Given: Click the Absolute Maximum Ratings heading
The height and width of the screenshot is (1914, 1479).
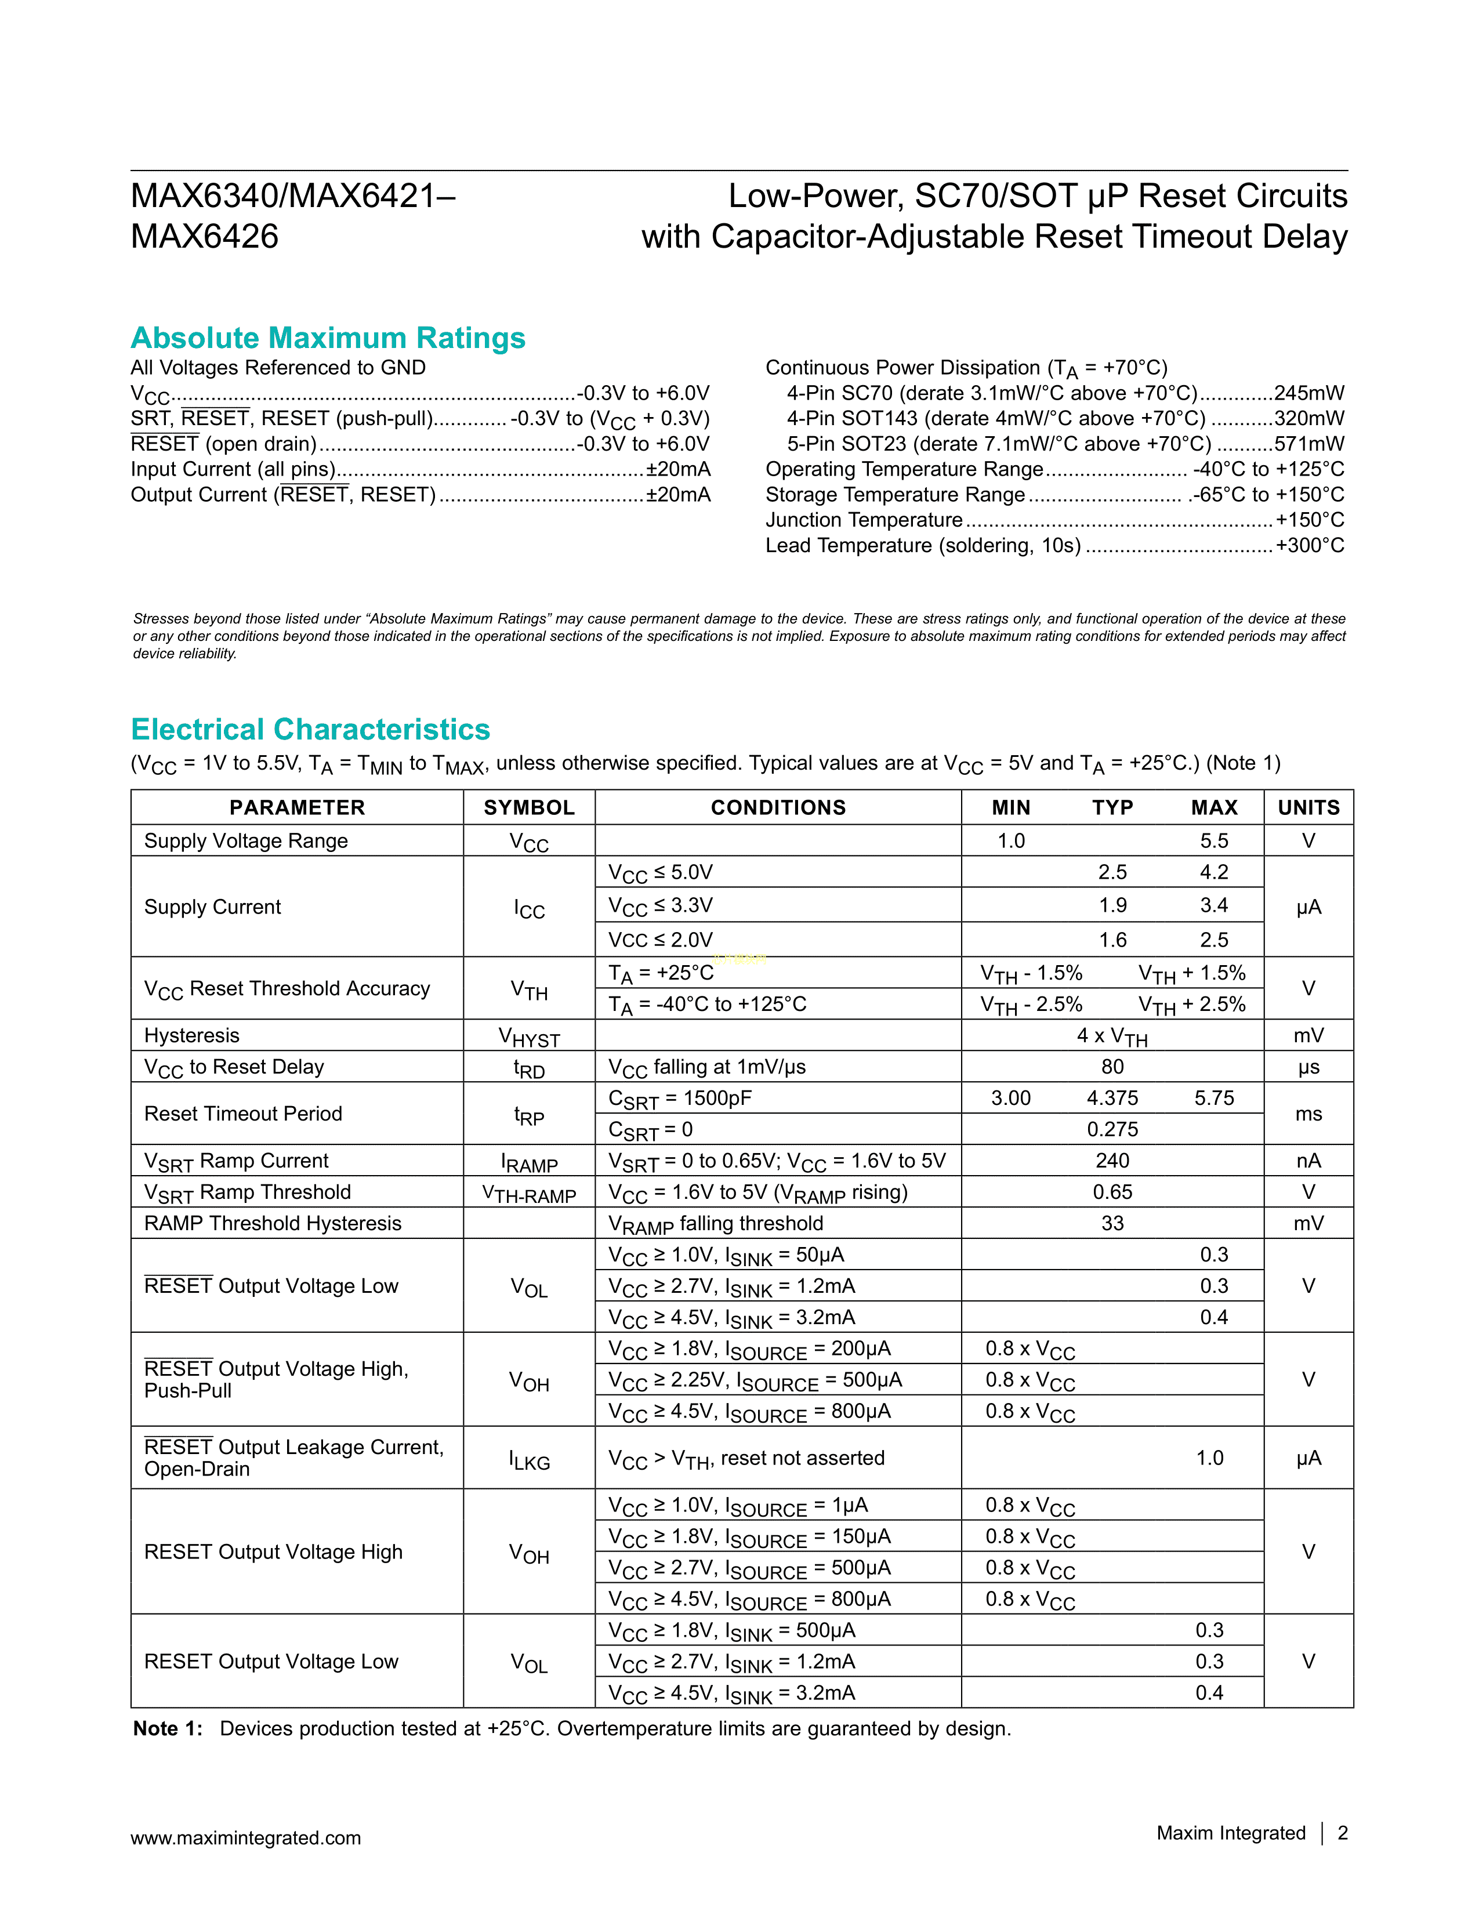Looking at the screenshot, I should (328, 338).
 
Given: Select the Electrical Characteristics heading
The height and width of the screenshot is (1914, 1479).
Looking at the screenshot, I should (310, 729).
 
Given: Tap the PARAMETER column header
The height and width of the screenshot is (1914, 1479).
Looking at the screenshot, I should (297, 807).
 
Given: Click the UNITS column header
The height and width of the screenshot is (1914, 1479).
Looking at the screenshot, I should (1308, 807).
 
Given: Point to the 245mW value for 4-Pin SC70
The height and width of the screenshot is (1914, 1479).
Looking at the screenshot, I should (1309, 393).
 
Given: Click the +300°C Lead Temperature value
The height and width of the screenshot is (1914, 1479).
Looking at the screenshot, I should (1310, 546).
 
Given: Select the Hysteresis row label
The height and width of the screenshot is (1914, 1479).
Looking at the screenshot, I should (192, 1035).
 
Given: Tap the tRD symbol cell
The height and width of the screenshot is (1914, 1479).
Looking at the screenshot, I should (529, 1068).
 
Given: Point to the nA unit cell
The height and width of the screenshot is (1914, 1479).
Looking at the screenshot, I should (1308, 1161).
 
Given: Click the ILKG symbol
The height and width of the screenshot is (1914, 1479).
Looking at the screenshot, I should (529, 1460).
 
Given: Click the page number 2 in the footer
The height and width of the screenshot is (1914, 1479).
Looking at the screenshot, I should (1342, 1833).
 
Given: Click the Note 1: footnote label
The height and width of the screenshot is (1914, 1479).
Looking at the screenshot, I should (168, 1728).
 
